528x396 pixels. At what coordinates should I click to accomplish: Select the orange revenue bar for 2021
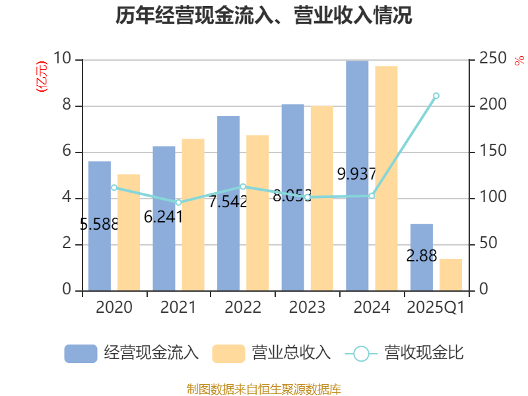[x=193, y=214]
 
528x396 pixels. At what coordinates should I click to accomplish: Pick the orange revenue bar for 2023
[x=322, y=198]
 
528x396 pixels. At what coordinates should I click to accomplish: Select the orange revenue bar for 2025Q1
[x=451, y=275]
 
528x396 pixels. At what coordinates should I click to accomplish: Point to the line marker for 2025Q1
[x=436, y=96]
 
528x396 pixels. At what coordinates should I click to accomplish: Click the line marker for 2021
[x=178, y=202]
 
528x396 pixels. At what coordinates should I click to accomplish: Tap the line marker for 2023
[x=307, y=197]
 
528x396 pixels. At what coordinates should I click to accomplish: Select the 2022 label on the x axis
[x=243, y=308]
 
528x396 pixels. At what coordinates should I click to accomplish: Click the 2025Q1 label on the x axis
[x=436, y=308]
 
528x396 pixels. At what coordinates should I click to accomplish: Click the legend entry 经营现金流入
[x=132, y=353]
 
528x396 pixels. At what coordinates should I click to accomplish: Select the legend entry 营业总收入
[x=271, y=353]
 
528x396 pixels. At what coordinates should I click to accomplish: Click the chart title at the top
[x=264, y=16]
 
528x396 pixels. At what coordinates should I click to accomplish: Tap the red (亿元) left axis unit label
[x=42, y=77]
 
